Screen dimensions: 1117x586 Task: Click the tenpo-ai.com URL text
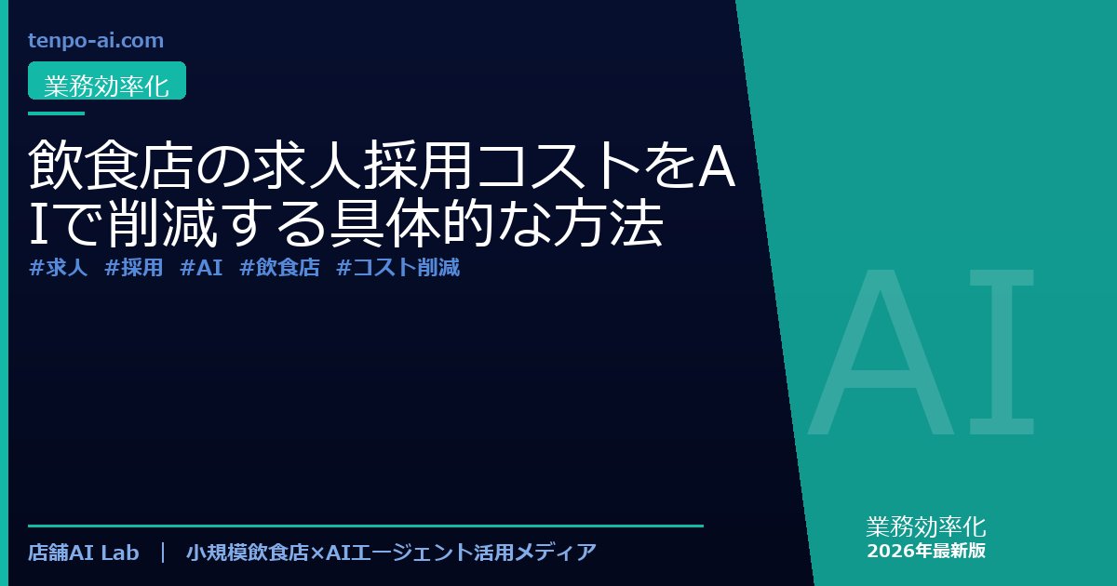click(96, 41)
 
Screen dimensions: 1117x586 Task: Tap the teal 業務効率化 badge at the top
click(107, 81)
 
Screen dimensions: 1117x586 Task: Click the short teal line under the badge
click(57, 113)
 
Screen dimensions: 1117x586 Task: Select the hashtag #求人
click(58, 268)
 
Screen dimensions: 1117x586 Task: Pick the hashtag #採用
click(134, 268)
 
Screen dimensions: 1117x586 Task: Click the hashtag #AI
click(201, 268)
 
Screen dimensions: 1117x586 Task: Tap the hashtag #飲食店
click(279, 268)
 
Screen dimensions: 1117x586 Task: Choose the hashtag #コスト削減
click(398, 268)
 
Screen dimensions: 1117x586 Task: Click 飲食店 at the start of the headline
click(111, 164)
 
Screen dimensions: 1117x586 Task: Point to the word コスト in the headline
click(559, 164)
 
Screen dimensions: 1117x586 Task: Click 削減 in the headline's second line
click(163, 222)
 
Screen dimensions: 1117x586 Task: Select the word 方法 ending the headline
click(609, 222)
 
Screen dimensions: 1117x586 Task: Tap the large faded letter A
click(881, 352)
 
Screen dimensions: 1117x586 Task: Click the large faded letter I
click(1002, 352)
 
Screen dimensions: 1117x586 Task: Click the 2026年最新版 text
click(926, 551)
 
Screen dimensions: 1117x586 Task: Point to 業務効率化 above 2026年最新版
click(926, 526)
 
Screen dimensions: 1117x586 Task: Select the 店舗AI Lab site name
click(83, 553)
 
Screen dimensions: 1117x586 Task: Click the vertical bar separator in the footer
click(163, 553)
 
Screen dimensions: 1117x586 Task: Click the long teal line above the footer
click(366, 526)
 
